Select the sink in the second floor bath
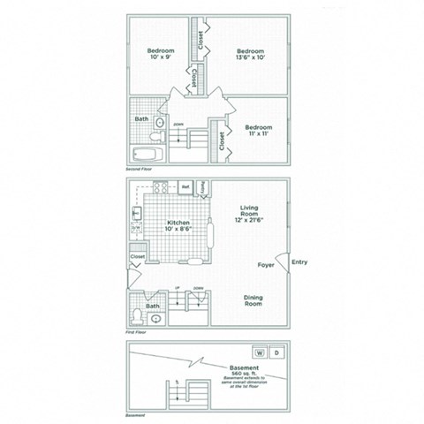(160, 122)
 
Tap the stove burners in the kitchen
(161, 186)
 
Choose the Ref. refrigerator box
(185, 187)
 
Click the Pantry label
(203, 187)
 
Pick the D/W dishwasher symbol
(137, 227)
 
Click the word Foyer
(265, 262)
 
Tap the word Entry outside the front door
(299, 261)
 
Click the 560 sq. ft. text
(244, 375)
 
